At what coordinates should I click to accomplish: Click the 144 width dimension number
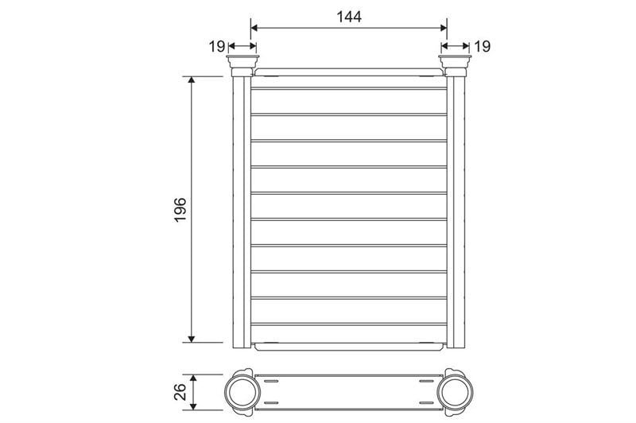(x=349, y=17)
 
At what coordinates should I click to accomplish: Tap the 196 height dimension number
(x=180, y=209)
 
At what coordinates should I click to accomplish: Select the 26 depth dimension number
(x=180, y=392)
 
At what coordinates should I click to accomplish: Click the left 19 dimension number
(x=217, y=47)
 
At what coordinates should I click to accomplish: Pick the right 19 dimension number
(x=482, y=47)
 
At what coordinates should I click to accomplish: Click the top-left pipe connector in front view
(x=242, y=66)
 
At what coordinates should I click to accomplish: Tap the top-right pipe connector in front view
(x=455, y=66)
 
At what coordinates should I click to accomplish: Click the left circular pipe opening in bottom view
(x=242, y=392)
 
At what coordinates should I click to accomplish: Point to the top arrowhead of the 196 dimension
(x=192, y=80)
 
